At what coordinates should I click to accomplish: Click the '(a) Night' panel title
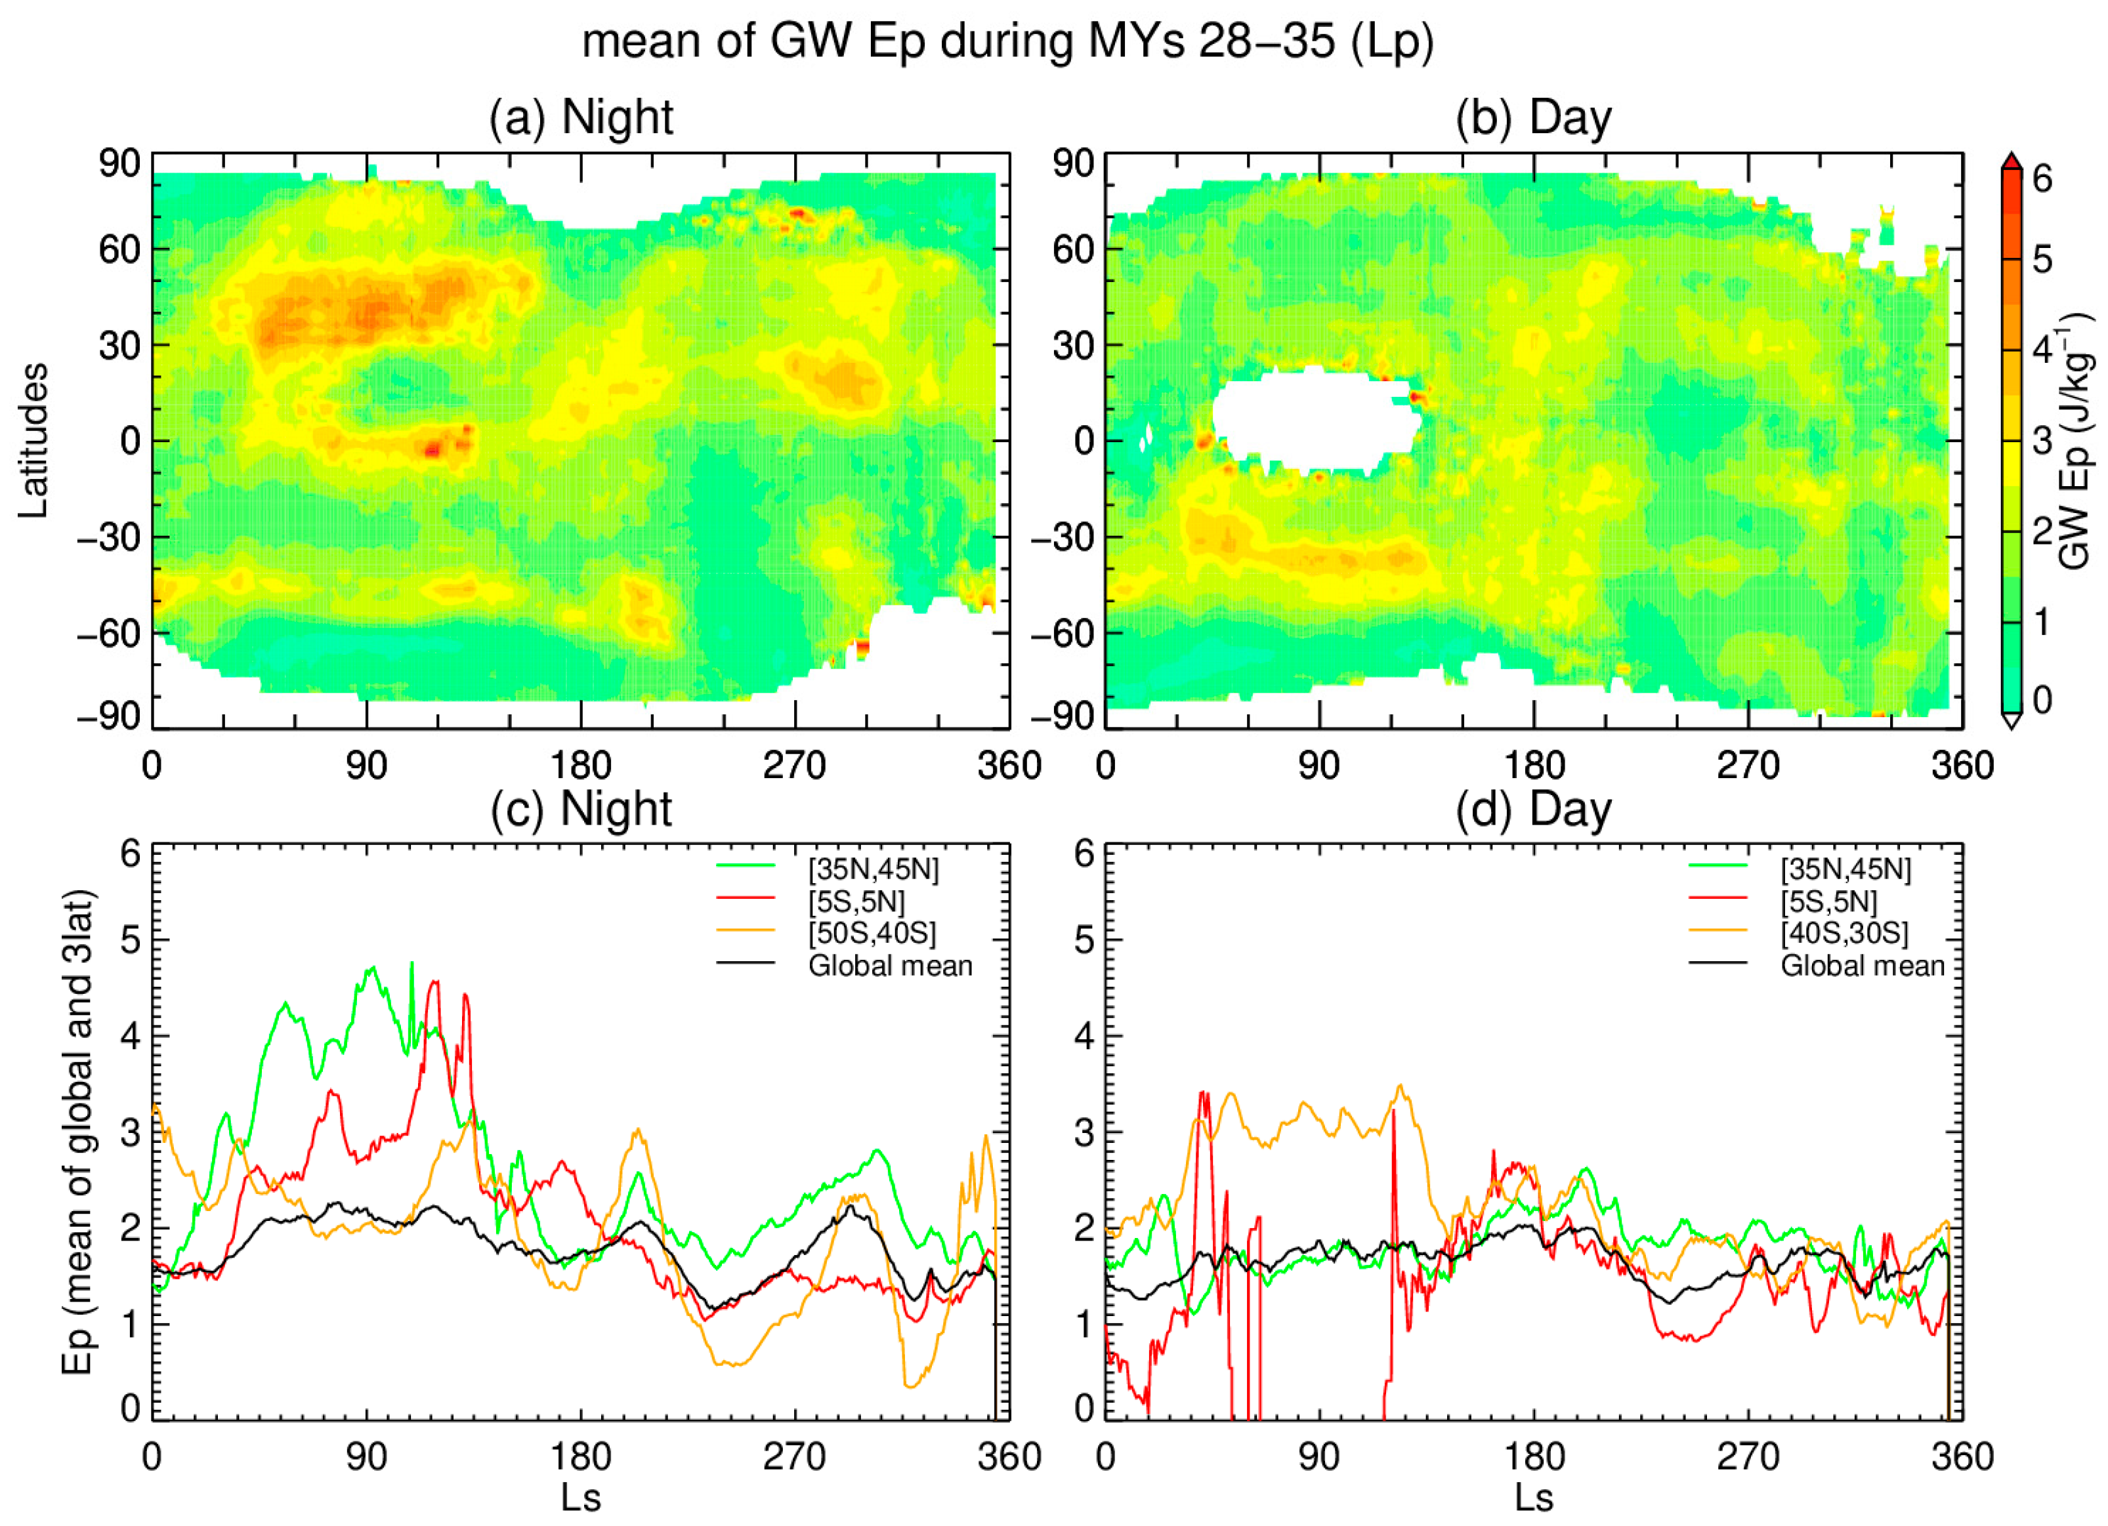click(x=581, y=118)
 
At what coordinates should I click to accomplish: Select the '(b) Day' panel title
click(x=1534, y=118)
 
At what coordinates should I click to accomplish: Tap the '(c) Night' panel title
click(x=581, y=808)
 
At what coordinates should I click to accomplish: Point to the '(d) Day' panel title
click(x=1534, y=808)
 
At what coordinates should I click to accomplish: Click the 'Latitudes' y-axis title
click(x=33, y=440)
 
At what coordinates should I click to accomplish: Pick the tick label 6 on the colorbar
click(x=2042, y=178)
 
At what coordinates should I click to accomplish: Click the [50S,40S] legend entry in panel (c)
click(x=872, y=933)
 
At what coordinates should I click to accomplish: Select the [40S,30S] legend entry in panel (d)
click(x=1844, y=933)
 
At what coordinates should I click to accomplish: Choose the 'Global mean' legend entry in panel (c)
click(x=889, y=966)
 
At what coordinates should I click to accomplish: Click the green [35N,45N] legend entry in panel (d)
click(x=1845, y=869)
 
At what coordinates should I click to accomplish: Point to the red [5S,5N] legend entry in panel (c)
click(x=855, y=901)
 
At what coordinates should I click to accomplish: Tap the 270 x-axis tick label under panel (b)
click(x=1748, y=767)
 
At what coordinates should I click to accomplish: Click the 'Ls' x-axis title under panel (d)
click(x=1534, y=1498)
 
